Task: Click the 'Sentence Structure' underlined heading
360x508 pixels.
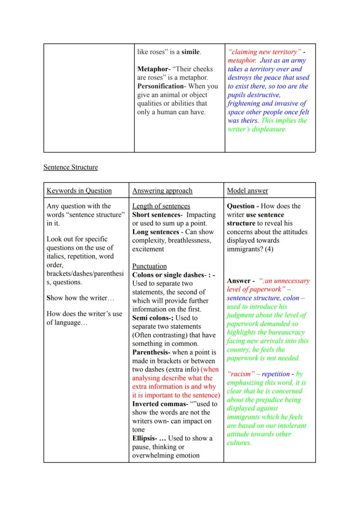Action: [70, 167]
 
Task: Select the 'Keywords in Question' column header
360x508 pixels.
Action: [79, 190]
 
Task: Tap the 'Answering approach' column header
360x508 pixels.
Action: [162, 190]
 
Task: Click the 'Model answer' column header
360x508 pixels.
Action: [247, 190]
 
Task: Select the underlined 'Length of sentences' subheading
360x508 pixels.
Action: [161, 206]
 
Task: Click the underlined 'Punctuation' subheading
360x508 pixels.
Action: [150, 266]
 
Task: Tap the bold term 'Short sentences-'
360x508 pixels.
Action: [157, 215]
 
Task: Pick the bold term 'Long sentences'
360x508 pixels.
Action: [156, 232]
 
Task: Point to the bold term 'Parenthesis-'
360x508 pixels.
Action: [151, 352]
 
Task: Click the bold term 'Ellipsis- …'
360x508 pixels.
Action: [149, 438]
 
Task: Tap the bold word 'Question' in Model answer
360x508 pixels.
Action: [241, 206]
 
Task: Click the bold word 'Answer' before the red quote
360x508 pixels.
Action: [239, 281]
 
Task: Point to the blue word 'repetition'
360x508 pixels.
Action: [276, 374]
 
